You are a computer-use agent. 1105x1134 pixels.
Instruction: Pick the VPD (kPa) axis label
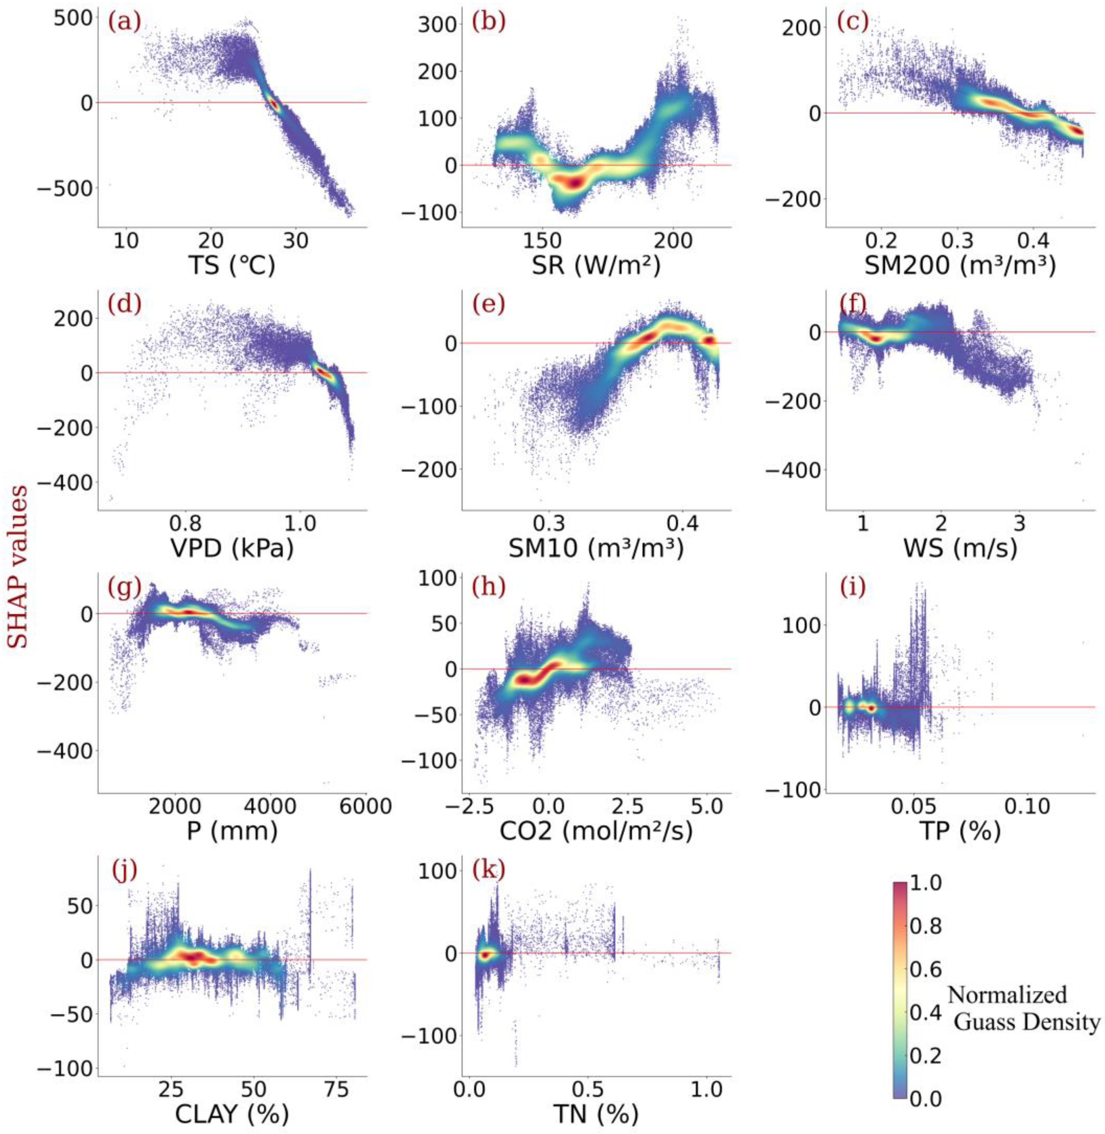pos(232,549)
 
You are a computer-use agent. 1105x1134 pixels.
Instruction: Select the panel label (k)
pos(489,869)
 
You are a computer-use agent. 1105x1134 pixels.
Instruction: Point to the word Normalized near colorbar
pos(1007,995)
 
